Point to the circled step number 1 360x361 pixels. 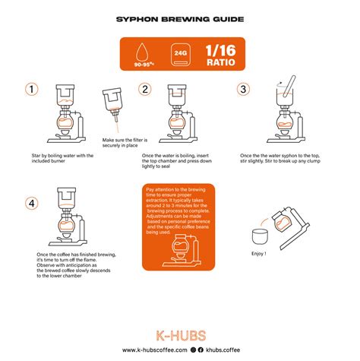click(32, 90)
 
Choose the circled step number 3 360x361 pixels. click(243, 90)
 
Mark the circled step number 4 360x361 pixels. click(32, 203)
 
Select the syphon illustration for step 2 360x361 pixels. click(176, 114)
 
